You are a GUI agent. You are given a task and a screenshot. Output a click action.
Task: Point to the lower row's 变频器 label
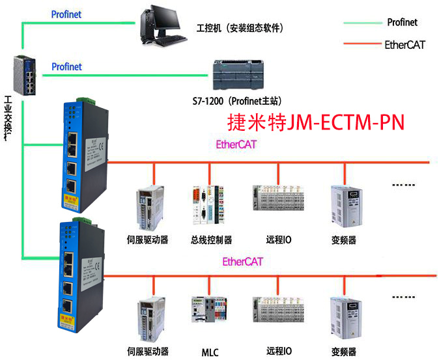click(343, 352)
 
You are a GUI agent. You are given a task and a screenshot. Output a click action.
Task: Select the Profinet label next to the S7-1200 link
click(66, 66)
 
